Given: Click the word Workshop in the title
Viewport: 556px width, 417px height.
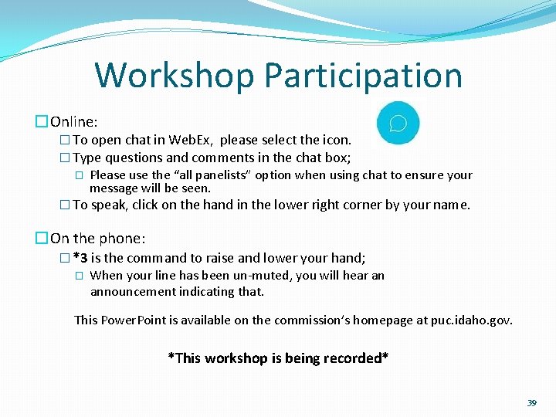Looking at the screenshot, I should pos(174,76).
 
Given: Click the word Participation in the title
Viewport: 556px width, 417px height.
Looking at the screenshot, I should pos(362,76).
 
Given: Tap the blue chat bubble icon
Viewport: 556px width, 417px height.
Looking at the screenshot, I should pos(398,124).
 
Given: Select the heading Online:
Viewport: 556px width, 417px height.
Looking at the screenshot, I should pos(74,121).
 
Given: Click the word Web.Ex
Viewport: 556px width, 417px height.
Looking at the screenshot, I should pos(191,141).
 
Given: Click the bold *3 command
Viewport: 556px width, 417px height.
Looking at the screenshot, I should pos(80,258).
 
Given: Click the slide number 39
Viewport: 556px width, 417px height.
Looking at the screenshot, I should pos(531,403).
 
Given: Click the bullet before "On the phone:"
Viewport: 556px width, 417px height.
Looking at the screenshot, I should pos(41,238).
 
